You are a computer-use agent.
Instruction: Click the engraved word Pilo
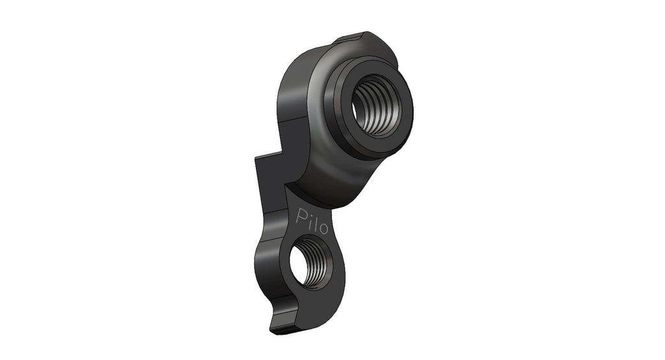tap(312, 221)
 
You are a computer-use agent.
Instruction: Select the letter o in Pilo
tap(323, 228)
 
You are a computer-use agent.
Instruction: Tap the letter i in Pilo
tap(309, 220)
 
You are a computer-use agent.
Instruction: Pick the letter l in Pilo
tap(315, 222)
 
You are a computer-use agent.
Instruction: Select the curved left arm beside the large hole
tap(292, 97)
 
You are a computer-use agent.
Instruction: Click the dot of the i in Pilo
tap(308, 212)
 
